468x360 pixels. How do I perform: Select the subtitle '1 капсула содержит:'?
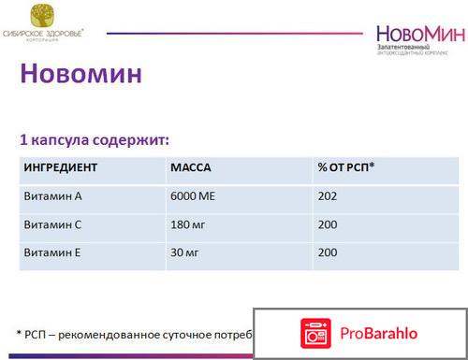pos(95,140)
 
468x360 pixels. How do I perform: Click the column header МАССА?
pos(191,168)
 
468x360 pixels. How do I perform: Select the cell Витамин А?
pos(51,196)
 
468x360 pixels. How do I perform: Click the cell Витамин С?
pos(51,224)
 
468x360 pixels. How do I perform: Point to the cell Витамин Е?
pos(51,252)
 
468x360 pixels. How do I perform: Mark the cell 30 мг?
pos(185,252)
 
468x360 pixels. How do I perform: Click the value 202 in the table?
pos(328,196)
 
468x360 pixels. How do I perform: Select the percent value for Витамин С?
pos(328,224)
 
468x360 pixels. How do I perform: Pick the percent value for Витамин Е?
pos(328,252)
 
